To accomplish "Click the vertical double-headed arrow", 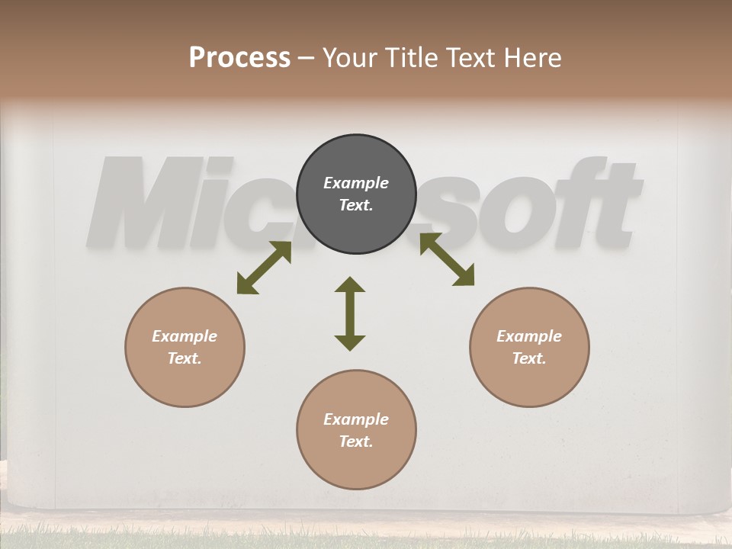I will tap(350, 314).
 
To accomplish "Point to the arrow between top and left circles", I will tap(264, 268).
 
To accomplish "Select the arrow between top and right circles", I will tap(447, 259).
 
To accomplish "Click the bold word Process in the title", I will tap(239, 57).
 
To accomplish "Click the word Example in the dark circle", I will tap(356, 183).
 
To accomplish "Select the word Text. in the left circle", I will tap(185, 358).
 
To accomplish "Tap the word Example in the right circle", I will tap(529, 336).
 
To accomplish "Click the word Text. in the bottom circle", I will tap(356, 441).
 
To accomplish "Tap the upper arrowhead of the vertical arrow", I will tap(350, 284).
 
